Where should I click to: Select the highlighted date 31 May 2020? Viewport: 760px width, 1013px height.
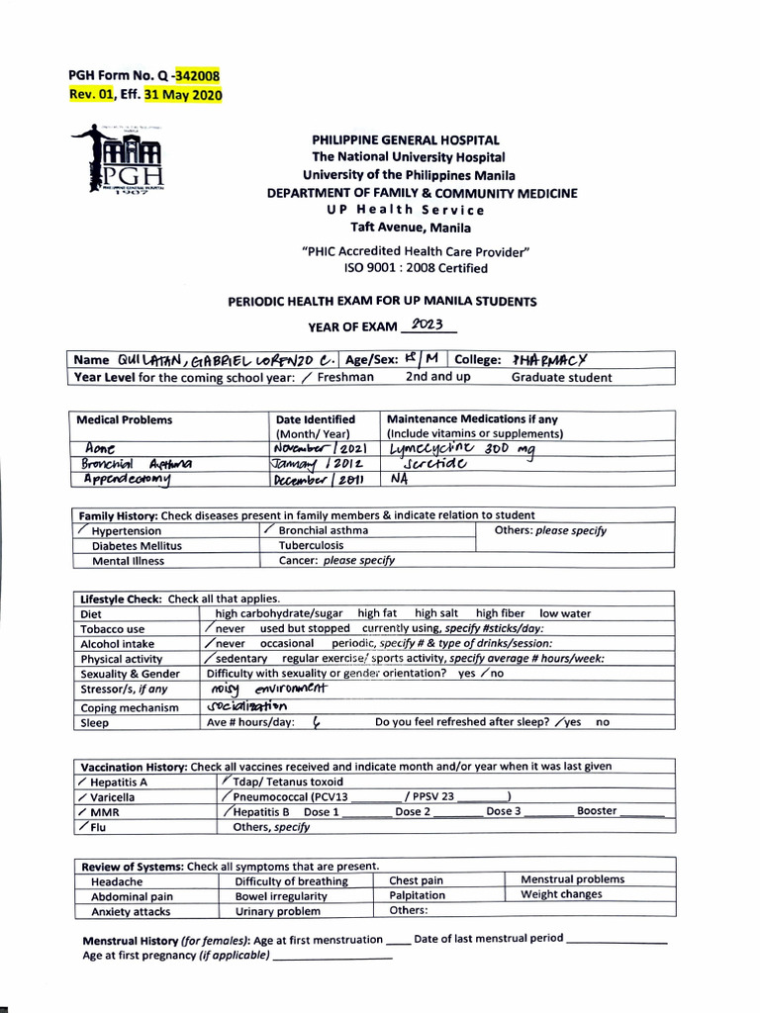click(x=183, y=95)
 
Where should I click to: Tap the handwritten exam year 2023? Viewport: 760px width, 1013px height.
click(x=427, y=324)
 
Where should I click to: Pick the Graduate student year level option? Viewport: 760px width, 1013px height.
click(x=561, y=377)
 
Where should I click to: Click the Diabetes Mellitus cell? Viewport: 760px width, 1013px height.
click(x=137, y=545)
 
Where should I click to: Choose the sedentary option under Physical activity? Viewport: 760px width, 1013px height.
click(x=241, y=658)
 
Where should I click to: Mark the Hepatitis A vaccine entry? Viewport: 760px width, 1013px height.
click(x=123, y=782)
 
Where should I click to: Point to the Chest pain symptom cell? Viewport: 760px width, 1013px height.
click(x=416, y=880)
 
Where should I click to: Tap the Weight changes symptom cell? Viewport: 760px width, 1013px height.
click(x=560, y=894)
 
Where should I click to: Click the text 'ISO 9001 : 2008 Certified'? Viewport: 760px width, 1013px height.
click(x=416, y=268)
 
